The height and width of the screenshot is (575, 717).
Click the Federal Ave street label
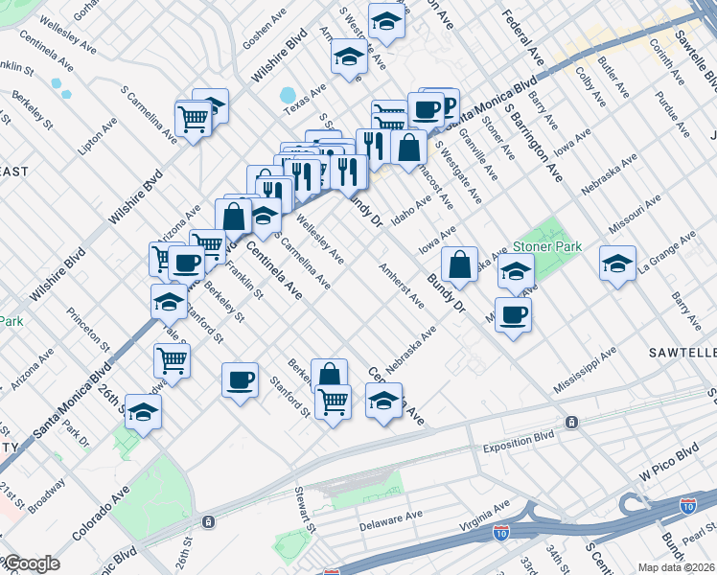523,38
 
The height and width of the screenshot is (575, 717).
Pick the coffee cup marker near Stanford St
239,379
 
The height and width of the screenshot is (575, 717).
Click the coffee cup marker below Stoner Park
513,313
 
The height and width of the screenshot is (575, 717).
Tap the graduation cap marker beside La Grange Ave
617,262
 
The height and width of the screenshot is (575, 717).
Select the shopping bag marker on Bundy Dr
460,264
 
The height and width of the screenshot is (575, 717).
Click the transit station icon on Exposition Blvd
571,422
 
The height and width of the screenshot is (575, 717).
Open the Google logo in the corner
32,564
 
